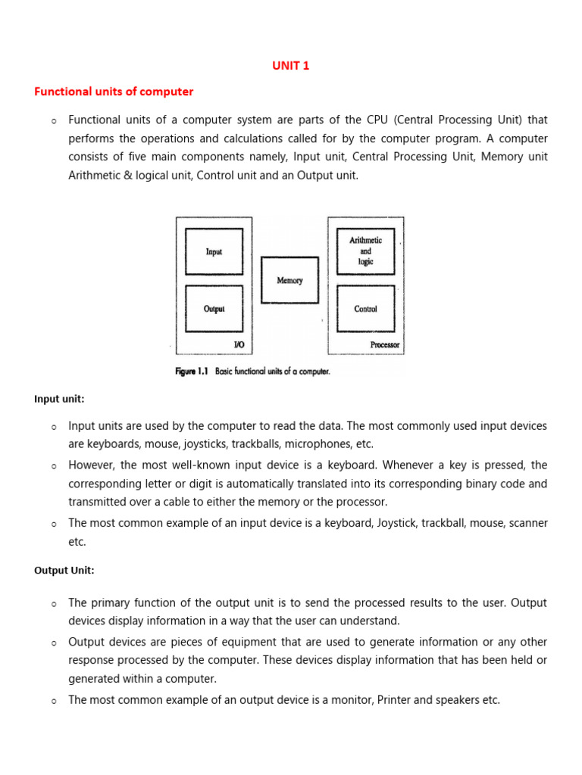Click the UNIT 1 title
click(x=291, y=66)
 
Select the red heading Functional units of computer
click(x=114, y=92)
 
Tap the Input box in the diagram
click(x=214, y=251)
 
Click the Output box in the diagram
click(x=214, y=309)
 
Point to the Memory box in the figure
click(x=289, y=280)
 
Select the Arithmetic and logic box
click(x=365, y=251)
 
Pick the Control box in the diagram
click(x=365, y=309)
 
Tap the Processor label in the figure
click(x=384, y=345)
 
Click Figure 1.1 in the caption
click(x=192, y=372)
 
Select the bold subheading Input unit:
click(x=59, y=399)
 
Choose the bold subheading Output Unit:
click(x=64, y=571)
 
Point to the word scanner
click(x=527, y=523)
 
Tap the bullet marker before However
click(x=55, y=466)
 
